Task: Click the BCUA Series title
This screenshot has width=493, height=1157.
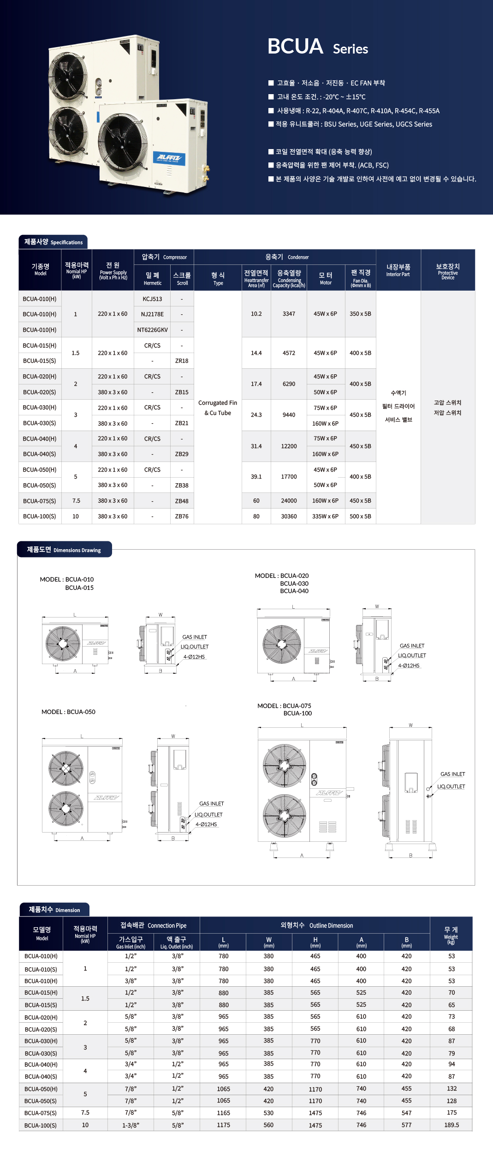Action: (318, 47)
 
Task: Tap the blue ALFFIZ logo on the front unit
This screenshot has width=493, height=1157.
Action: (169, 158)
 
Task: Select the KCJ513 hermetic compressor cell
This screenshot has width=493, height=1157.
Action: (152, 299)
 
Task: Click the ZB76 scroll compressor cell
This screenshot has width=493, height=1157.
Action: (182, 516)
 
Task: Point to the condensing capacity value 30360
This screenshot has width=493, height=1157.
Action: (289, 516)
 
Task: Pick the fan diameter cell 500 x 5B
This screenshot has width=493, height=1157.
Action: (360, 516)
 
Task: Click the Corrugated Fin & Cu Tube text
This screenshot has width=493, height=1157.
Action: (218, 408)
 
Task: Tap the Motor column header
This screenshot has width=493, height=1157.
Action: (326, 278)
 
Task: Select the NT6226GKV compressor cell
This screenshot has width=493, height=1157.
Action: (152, 330)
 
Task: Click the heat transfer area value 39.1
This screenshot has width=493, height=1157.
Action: (256, 477)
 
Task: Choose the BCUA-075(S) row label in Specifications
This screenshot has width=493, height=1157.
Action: (40, 501)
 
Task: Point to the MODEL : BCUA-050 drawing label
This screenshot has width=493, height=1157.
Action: (68, 712)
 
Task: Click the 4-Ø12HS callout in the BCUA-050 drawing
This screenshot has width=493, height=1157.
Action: (206, 824)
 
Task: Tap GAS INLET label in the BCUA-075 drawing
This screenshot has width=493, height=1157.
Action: (452, 774)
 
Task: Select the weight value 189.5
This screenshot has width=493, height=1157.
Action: (451, 1125)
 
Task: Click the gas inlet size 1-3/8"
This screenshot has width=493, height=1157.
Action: (131, 1125)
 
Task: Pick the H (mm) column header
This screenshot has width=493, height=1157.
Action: (315, 942)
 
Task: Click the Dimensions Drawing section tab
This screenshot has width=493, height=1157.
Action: (65, 550)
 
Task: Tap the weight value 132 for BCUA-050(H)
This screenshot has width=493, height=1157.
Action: (451, 1089)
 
